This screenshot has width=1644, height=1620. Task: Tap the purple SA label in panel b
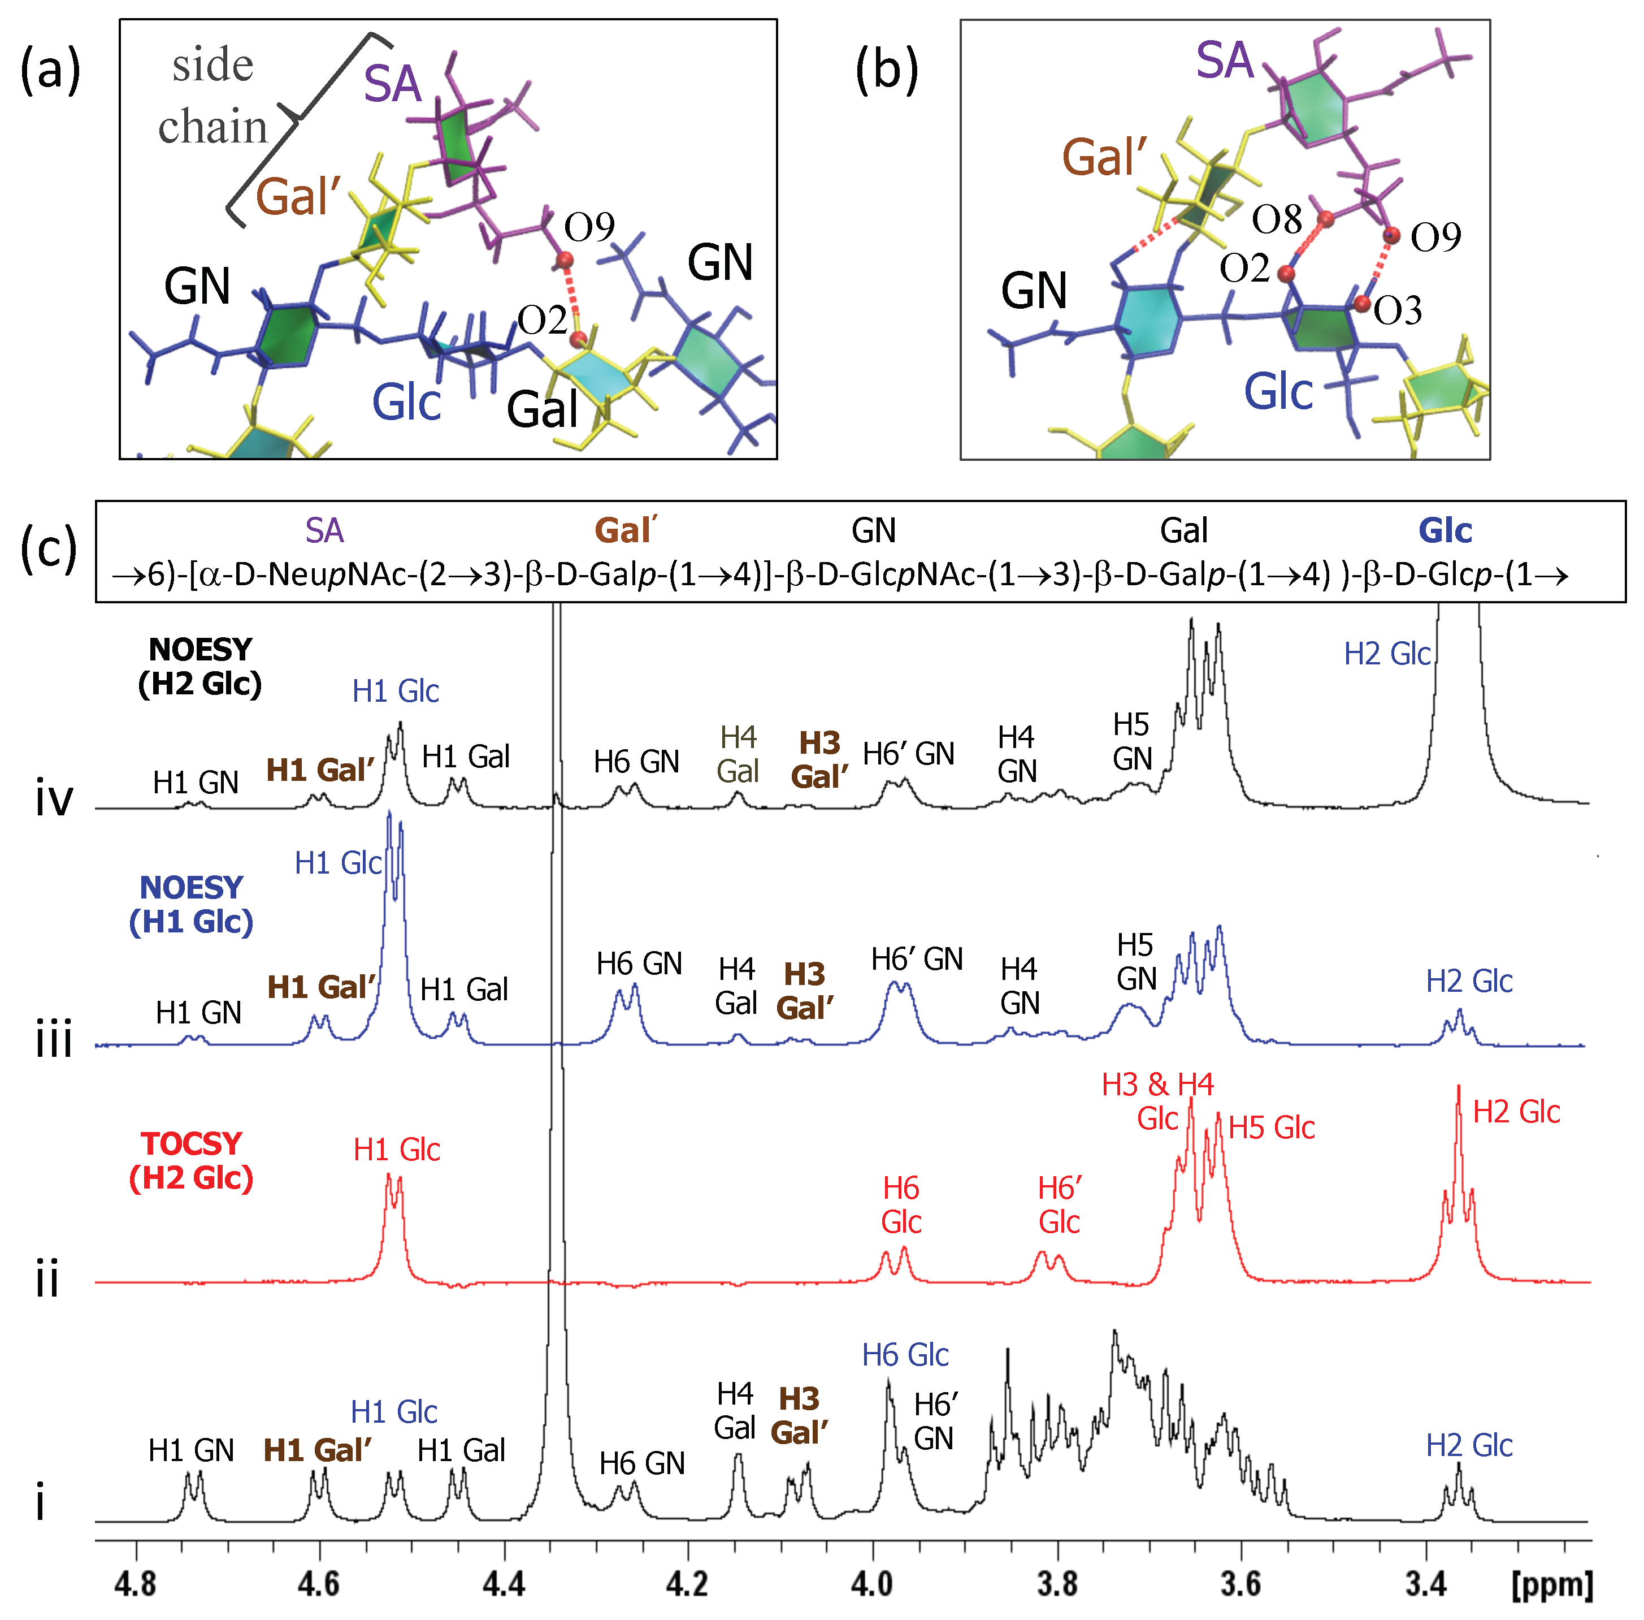tap(1225, 61)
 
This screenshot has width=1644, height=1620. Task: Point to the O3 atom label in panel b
tap(1398, 310)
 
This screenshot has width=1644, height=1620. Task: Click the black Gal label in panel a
tap(542, 409)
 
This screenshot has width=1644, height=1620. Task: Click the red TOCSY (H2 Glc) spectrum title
tap(192, 1160)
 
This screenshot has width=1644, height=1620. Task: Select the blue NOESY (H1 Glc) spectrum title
tap(192, 905)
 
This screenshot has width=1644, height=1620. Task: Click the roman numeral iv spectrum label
tap(54, 800)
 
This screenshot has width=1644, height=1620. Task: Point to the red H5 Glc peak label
tap(1272, 1127)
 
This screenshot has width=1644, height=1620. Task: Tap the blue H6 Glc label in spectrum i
tap(905, 1355)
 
